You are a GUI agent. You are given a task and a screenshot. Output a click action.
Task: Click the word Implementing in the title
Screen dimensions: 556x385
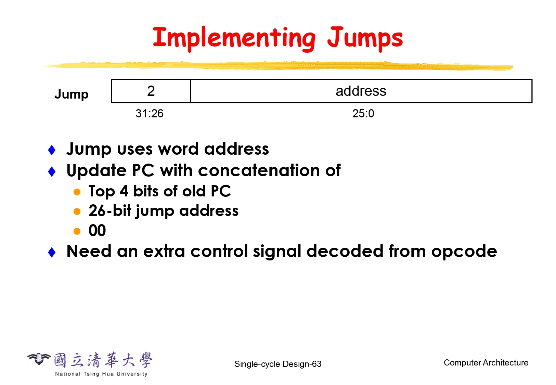coord(234,38)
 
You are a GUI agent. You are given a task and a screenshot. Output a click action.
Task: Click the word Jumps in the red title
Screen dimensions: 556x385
coord(365,38)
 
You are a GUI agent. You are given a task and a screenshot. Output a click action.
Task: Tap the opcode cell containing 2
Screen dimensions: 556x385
coord(151,91)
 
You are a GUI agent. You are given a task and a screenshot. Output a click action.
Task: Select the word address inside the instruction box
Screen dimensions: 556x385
coord(361,91)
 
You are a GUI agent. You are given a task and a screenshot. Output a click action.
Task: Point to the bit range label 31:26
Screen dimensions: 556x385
coord(150,113)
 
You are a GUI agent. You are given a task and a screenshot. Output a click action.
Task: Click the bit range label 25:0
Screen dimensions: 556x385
coord(363,113)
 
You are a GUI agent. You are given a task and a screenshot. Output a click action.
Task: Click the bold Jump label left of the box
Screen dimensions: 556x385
coord(72,94)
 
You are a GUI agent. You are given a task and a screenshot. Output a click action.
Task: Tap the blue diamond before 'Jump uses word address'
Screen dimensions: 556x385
coord(52,150)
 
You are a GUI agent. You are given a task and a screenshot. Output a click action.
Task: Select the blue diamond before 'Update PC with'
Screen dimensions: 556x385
coord(52,171)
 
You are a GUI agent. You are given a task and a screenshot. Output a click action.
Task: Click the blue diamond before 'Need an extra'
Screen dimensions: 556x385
coord(52,252)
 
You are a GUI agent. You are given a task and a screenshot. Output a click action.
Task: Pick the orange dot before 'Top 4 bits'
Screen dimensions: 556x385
coord(77,192)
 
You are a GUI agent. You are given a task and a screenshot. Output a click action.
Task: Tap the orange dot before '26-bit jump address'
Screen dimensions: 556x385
coord(77,211)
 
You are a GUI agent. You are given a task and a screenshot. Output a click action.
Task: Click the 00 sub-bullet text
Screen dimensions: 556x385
coord(97,230)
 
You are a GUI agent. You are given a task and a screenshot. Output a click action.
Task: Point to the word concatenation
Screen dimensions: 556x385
coord(259,170)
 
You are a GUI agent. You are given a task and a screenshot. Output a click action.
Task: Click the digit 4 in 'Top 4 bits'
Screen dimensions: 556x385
coord(124,191)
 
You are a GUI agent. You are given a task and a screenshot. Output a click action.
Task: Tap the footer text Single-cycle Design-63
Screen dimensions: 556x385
coord(278,364)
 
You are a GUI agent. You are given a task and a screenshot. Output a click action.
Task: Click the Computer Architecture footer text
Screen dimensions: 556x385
coord(486,363)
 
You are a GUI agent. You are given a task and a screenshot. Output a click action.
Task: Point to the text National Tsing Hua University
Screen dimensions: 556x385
coord(101,374)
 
